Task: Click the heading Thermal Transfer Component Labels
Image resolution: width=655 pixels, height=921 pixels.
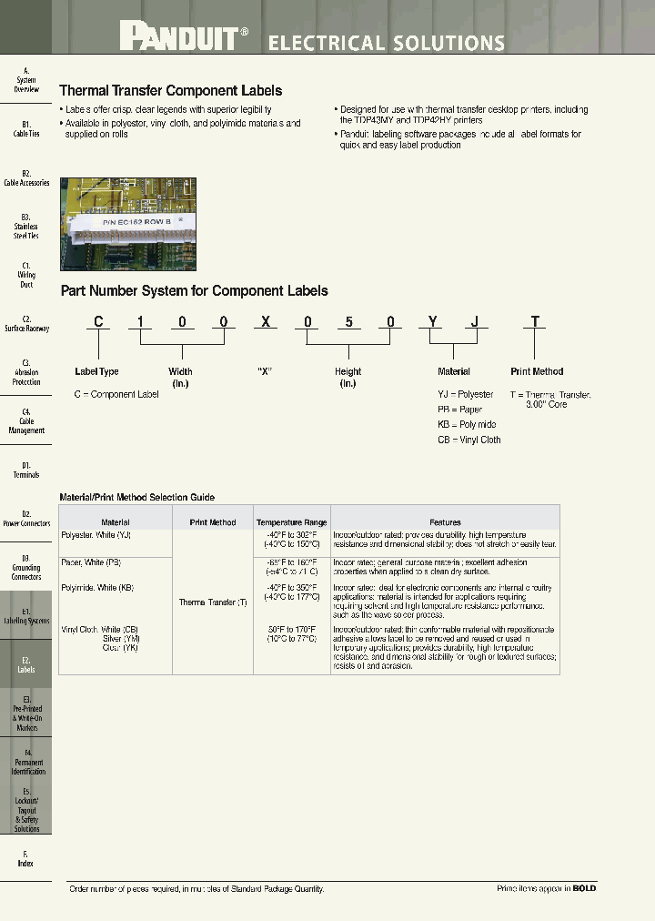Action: coord(170,91)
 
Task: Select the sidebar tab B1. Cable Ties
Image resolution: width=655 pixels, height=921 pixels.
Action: coord(26,129)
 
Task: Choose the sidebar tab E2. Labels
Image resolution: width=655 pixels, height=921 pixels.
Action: coord(26,664)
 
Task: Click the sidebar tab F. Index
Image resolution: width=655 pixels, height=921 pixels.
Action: coord(26,858)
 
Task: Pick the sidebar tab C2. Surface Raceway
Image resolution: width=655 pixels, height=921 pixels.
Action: coord(26,324)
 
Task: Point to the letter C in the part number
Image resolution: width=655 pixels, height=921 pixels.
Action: coord(98,321)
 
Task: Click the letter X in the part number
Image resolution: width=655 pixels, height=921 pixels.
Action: coord(266,321)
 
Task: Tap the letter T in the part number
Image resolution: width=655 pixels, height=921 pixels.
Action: coord(536,321)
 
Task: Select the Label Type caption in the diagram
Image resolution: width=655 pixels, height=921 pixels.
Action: coord(96,371)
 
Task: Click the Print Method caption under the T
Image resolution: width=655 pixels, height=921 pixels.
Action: coord(537,371)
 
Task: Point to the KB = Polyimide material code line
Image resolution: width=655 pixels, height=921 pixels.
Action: coord(467,425)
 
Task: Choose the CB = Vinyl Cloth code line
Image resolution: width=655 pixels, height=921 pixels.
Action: coord(469,440)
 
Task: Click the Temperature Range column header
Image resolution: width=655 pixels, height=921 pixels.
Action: coord(291,522)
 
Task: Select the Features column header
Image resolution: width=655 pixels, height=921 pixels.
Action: coord(445,522)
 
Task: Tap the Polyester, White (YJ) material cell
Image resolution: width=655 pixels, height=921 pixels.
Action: coord(96,535)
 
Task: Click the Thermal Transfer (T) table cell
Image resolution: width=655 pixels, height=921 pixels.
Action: coord(213,602)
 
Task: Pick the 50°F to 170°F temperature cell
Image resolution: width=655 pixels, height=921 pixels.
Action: coord(291,630)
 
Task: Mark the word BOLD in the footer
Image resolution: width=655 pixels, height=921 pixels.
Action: coord(584,888)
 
